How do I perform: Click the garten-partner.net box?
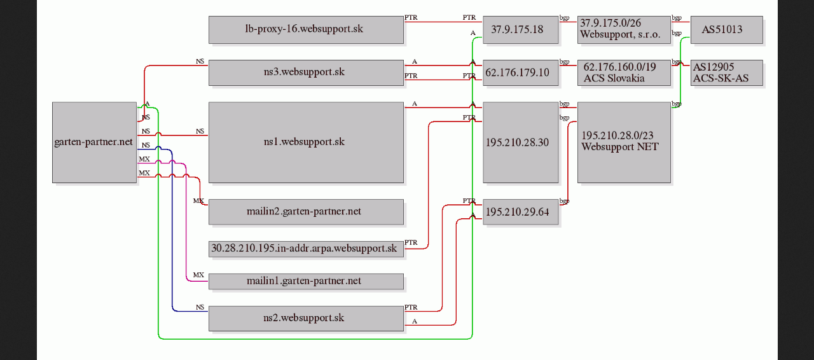[x=95, y=142]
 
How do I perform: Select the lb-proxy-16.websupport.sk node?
[x=306, y=30]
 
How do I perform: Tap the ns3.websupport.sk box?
[x=306, y=73]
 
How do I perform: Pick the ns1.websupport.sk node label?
[x=304, y=141]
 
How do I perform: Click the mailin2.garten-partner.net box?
[x=306, y=212]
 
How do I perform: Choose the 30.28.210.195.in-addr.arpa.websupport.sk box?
[x=306, y=249]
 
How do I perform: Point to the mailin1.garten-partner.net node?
[x=306, y=282]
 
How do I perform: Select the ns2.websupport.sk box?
[x=306, y=319]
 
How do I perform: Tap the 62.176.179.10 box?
[x=521, y=73]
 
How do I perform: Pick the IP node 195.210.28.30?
[x=521, y=142]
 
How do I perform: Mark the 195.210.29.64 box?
[x=521, y=212]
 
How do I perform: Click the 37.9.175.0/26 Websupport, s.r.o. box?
[x=624, y=30]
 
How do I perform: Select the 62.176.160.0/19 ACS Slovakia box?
[x=624, y=73]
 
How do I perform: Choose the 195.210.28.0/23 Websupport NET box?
[x=624, y=142]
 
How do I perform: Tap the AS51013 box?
[x=727, y=30]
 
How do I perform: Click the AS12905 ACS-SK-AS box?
[x=727, y=73]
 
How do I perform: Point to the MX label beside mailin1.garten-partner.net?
[x=198, y=275]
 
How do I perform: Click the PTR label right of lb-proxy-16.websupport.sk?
[x=411, y=17]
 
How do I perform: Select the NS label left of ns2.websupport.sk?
[x=200, y=307]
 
